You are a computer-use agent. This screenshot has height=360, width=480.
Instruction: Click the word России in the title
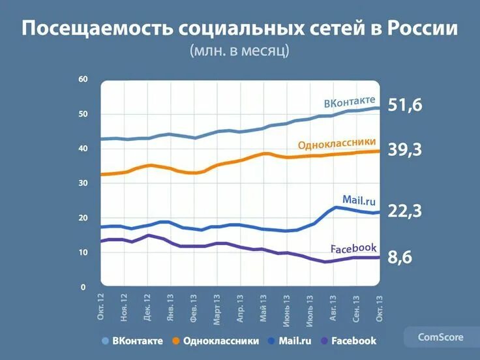(422, 30)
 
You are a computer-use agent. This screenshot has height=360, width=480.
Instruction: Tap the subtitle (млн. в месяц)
(239, 51)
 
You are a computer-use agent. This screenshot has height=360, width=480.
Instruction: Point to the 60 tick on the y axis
(83, 79)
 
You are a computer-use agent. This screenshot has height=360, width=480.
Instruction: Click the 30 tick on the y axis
(83, 183)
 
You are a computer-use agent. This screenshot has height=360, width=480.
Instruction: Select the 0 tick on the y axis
(83, 287)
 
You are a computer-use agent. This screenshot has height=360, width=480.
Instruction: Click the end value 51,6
(405, 104)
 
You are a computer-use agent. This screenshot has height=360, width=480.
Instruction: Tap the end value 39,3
(405, 150)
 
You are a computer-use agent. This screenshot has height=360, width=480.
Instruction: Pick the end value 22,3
(405, 210)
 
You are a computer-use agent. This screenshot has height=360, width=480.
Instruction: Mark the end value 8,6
(401, 258)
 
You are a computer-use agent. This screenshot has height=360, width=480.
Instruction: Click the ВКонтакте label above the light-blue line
(350, 102)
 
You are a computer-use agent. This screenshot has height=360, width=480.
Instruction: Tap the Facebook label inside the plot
(353, 248)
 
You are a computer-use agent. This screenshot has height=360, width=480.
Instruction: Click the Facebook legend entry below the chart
(353, 340)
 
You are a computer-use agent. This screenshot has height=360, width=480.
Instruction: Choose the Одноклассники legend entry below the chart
(221, 340)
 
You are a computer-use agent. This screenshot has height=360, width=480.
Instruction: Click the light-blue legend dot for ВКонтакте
(105, 341)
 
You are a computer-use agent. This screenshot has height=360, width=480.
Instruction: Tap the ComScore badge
(441, 337)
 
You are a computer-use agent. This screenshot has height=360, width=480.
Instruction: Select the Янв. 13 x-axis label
(171, 306)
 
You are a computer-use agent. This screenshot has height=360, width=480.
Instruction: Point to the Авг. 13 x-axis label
(334, 306)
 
